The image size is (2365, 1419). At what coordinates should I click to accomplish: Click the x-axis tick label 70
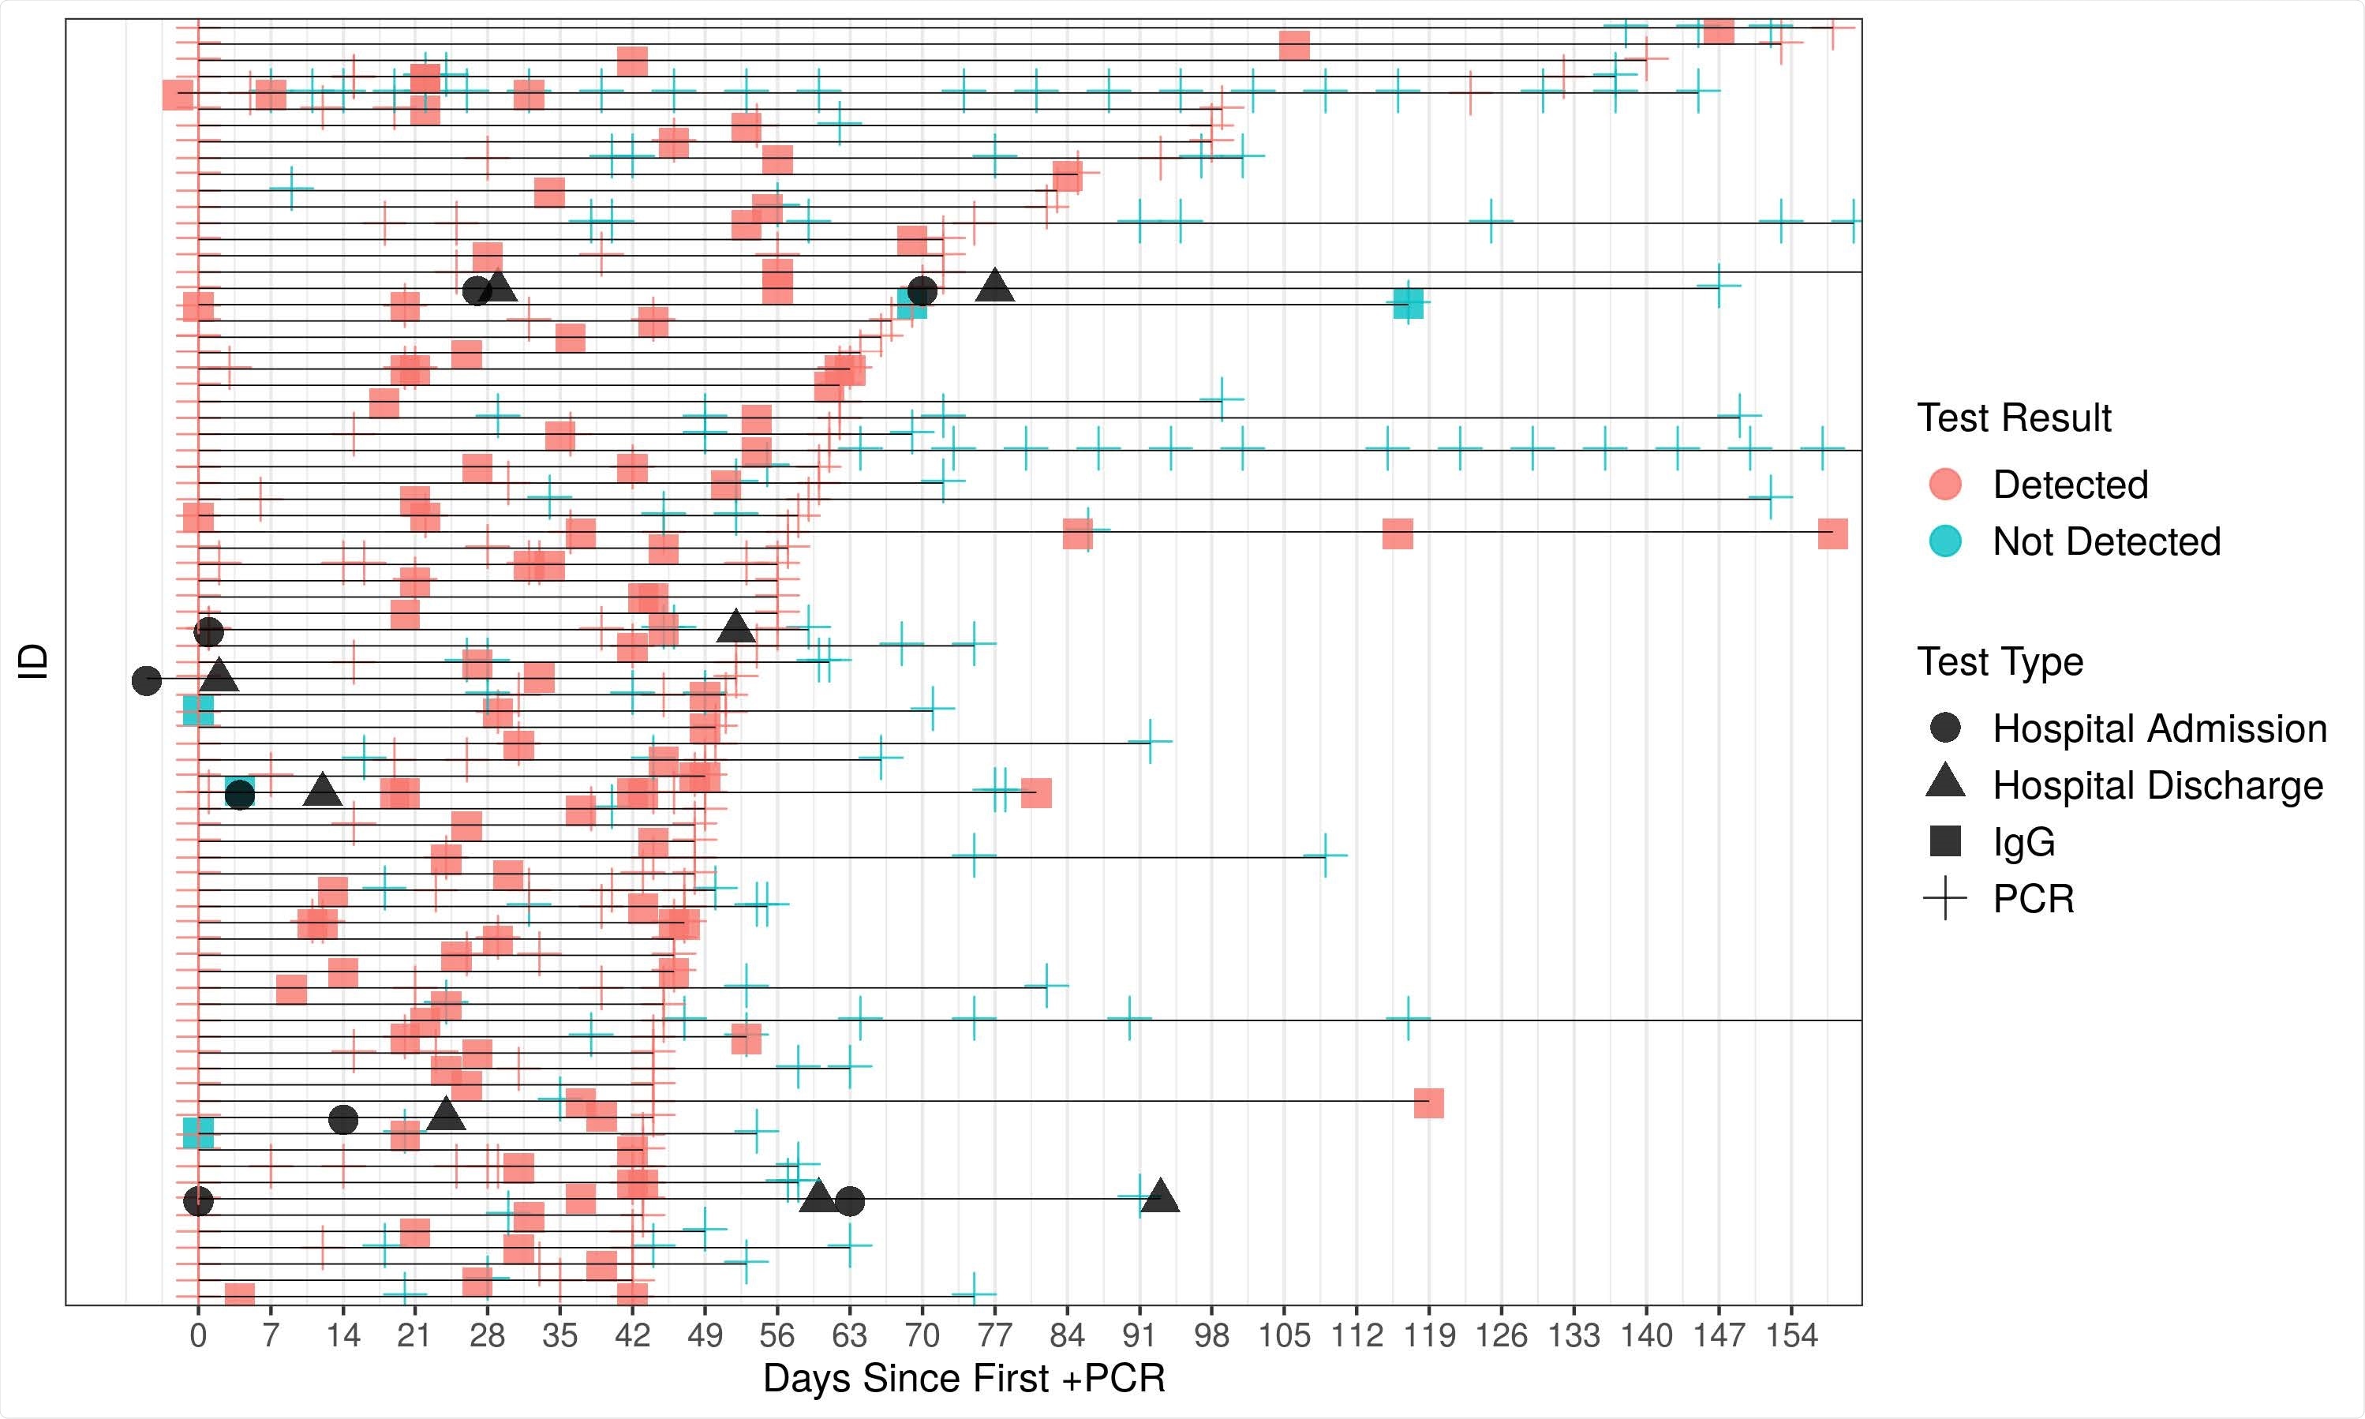pos(922,1335)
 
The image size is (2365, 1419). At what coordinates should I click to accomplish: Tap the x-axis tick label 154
pos(1791,1335)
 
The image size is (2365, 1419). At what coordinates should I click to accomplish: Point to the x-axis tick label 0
pos(198,1335)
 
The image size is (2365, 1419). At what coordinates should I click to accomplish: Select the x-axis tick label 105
pos(1284,1335)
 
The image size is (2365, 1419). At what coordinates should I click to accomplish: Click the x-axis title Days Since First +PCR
pos(964,1379)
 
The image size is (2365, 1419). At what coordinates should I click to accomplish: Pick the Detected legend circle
pos(1945,484)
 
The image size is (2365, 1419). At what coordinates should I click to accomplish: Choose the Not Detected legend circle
pos(1945,541)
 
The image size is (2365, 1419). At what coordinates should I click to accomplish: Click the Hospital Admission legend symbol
pos(1945,728)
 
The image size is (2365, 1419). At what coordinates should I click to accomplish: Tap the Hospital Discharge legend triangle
pos(1945,782)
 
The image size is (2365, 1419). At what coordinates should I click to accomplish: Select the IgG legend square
pos(1945,841)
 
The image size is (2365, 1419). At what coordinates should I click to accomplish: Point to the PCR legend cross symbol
pos(1945,899)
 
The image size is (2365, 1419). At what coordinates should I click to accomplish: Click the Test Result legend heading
pos(2013,417)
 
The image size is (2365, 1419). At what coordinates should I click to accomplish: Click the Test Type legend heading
pos(2000,661)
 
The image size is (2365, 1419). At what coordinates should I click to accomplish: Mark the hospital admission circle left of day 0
pos(146,681)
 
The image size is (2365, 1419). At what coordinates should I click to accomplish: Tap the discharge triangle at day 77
pos(995,285)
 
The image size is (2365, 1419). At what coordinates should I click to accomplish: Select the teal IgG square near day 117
pos(1407,303)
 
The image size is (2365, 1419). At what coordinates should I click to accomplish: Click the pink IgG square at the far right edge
pos(1832,534)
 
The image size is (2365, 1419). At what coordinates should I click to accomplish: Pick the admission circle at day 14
pos(343,1120)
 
